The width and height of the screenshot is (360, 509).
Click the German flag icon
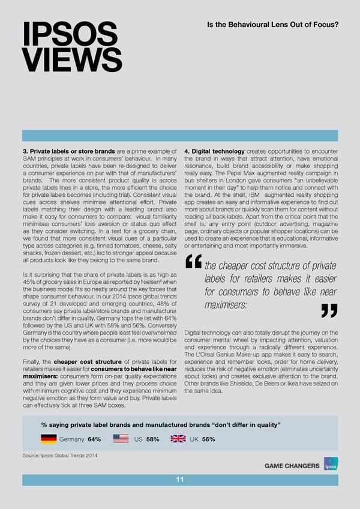click(x=49, y=439)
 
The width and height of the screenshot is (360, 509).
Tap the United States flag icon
click(x=121, y=439)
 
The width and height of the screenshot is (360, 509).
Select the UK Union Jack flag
click(x=178, y=439)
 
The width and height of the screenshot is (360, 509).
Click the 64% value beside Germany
click(x=94, y=439)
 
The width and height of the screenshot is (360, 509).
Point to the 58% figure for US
click(x=152, y=439)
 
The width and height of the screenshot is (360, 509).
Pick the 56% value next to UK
click(x=208, y=439)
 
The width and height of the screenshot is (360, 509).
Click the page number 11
click(x=180, y=479)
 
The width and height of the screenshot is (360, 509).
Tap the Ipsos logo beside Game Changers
click(x=331, y=465)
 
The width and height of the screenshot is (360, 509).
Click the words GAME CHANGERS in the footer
click(x=292, y=466)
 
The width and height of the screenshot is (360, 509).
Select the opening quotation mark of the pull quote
click(x=193, y=262)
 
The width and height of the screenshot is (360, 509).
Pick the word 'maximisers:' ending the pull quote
click(x=226, y=306)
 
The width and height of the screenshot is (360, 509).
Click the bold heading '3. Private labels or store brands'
click(x=69, y=151)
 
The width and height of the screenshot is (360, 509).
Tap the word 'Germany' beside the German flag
click(x=71, y=439)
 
